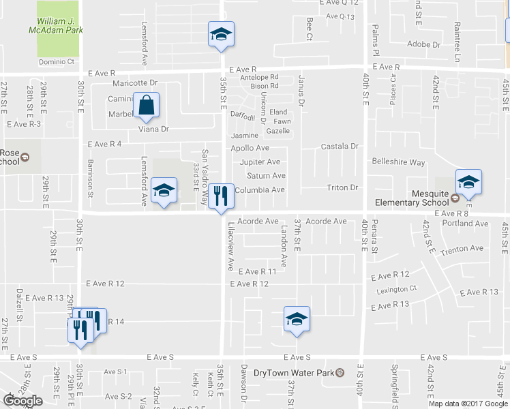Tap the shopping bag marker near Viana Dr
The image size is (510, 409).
click(147, 106)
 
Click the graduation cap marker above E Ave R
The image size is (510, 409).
click(221, 34)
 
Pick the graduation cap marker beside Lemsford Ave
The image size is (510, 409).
click(164, 190)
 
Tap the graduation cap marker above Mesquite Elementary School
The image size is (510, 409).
click(468, 181)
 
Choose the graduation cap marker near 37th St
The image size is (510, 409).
click(297, 319)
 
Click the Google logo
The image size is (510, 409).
click(22, 401)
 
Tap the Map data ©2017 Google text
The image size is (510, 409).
click(467, 404)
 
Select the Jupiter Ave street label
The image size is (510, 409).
click(260, 162)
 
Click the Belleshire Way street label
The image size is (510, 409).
click(398, 162)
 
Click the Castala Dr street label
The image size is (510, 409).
click(340, 147)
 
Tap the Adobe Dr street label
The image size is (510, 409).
click(423, 44)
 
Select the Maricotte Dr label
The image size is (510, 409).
click(135, 83)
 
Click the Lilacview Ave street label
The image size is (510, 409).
click(231, 243)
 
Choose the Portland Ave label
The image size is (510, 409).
click(464, 224)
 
